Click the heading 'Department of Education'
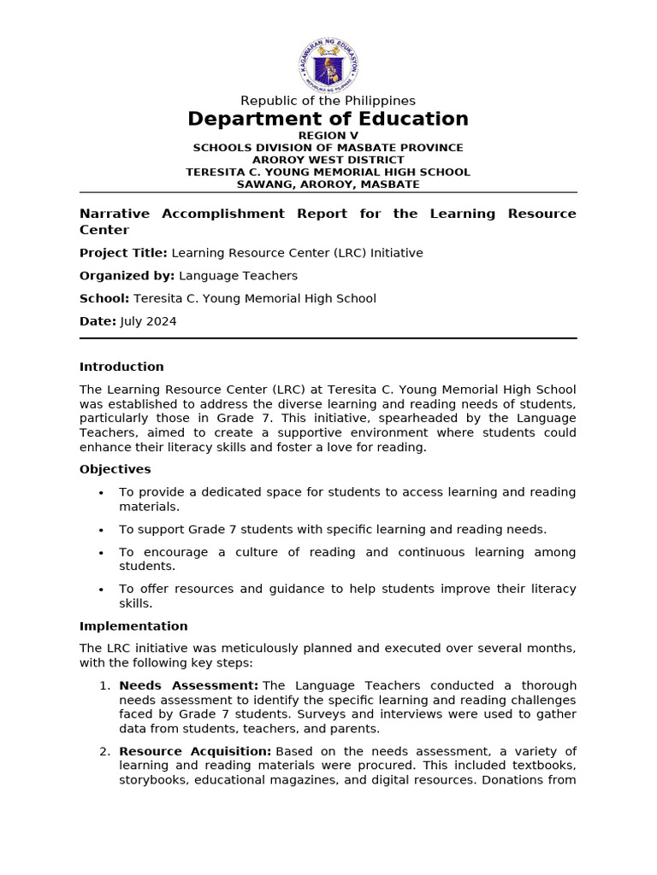click(328, 119)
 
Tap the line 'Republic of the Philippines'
click(328, 101)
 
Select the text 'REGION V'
click(328, 136)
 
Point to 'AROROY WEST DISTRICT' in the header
click(328, 160)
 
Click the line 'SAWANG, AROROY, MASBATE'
click(328, 184)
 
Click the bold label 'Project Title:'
click(123, 253)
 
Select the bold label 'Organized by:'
click(127, 276)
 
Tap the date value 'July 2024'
click(149, 321)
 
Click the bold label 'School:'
click(104, 298)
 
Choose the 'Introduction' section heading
click(121, 367)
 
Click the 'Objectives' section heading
click(115, 469)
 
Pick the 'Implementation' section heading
click(133, 626)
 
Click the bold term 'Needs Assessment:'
click(188, 685)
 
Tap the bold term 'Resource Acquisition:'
click(195, 751)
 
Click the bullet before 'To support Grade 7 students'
click(101, 530)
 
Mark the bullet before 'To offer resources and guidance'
click(101, 590)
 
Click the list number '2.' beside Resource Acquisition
click(104, 751)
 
